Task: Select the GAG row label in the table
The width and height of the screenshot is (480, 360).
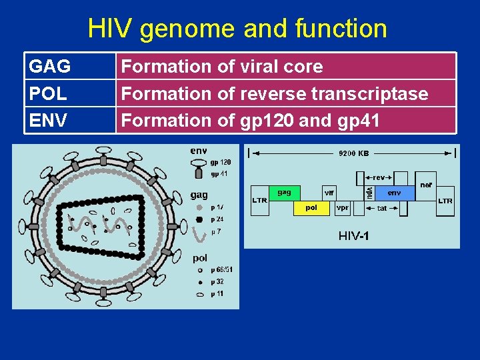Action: pos(50,67)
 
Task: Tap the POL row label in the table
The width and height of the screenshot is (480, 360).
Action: pos(48,93)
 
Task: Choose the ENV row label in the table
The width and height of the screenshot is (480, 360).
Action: pos(48,120)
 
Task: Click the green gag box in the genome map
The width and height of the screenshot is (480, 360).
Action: pos(285,193)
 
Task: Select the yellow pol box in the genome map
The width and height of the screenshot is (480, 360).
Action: pos(311,208)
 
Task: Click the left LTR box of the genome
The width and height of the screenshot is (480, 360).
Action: pos(259,200)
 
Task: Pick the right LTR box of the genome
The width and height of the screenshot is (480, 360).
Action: pos(445,200)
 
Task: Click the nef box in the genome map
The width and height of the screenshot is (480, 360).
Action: pos(426,185)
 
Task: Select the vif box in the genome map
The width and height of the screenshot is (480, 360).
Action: pos(329,193)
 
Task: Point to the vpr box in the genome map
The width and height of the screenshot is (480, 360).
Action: pos(343,208)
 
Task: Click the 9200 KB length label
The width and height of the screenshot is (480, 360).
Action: pos(353,153)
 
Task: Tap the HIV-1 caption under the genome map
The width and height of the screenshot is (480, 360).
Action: pos(354,236)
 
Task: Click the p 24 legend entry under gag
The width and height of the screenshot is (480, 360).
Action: pos(217,219)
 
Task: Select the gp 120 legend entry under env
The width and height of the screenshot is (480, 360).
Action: pos(221,162)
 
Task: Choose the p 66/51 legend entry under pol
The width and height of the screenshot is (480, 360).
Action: pos(221,270)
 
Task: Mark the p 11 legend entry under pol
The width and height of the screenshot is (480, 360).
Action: pos(217,293)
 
